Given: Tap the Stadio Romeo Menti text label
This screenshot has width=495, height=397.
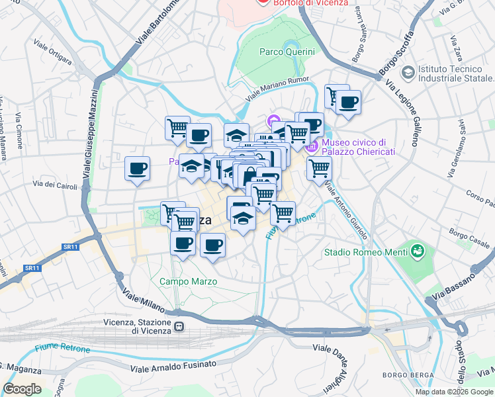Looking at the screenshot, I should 365,251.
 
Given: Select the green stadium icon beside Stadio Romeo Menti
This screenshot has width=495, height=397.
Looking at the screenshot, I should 416,251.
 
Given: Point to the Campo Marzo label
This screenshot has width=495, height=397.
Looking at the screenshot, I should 188,281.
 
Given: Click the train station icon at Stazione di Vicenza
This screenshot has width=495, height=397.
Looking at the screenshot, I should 179,327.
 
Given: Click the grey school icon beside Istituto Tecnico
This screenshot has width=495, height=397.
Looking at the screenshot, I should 408,71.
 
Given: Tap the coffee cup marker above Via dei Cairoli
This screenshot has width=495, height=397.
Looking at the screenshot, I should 137,169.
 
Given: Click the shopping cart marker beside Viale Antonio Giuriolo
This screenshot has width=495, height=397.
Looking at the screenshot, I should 319,169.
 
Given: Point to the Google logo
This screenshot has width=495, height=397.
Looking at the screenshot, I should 22,389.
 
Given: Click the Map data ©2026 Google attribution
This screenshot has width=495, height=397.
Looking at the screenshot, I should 453,392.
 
